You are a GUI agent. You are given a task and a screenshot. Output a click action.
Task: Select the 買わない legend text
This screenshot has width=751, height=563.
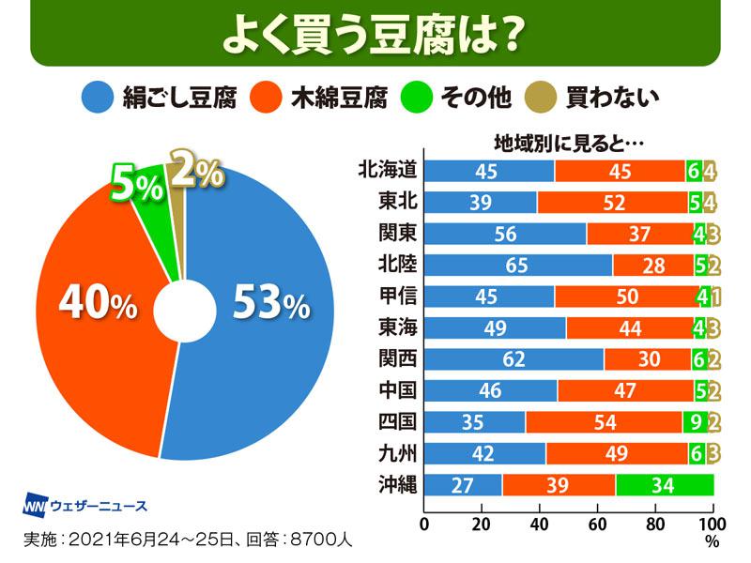click(614, 96)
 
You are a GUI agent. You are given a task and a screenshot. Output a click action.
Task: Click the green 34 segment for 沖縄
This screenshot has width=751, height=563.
click(665, 485)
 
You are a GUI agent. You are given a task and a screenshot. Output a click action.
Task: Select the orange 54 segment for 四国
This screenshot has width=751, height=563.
click(604, 422)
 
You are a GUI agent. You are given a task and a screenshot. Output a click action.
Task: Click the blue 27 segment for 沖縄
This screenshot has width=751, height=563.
click(463, 485)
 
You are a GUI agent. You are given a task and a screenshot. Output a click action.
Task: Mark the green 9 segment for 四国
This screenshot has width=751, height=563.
click(696, 422)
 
